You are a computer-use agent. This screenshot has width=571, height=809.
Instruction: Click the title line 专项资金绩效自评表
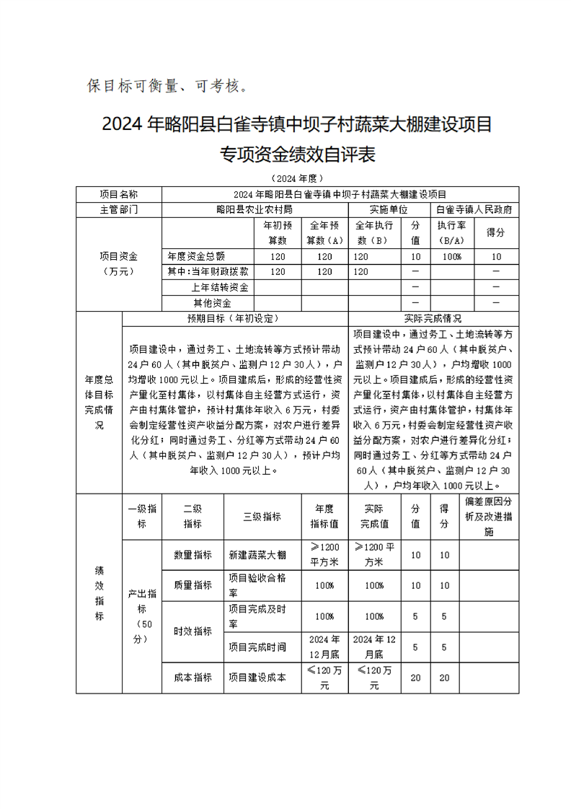pos(298,154)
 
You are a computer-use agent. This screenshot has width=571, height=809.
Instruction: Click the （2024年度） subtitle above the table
pos(298,178)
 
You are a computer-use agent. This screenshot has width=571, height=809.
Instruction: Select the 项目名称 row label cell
pos(119,194)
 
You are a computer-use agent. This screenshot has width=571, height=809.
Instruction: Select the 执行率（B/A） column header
pos(451,232)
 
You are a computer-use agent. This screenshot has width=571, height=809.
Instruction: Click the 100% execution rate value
pos(451,256)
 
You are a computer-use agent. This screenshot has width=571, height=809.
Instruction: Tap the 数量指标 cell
pos(192,555)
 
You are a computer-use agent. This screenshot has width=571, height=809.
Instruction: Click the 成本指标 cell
pos(192,678)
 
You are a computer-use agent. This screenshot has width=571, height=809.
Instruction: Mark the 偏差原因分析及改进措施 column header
pos(488,517)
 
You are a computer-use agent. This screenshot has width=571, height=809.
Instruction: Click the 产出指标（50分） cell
pos(142,616)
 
